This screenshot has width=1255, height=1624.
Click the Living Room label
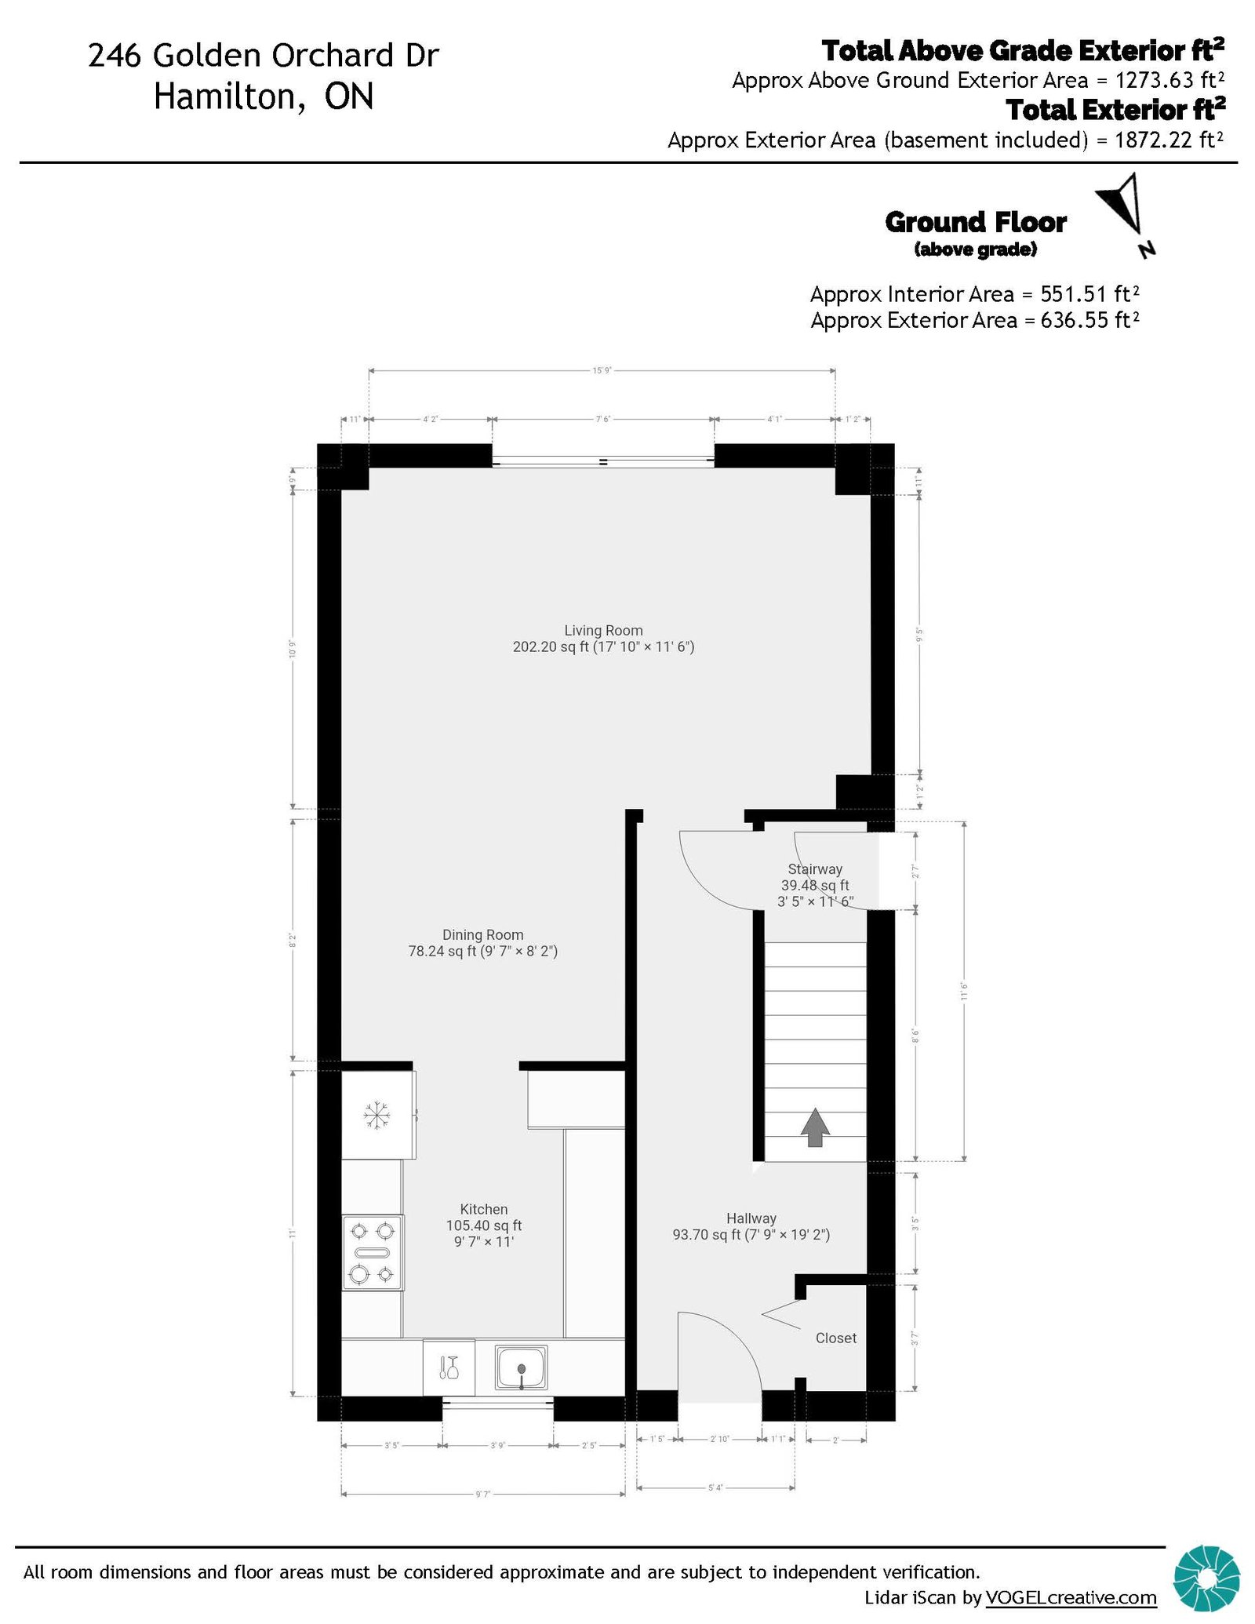click(x=603, y=630)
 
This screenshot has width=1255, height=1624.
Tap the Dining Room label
click(x=482, y=934)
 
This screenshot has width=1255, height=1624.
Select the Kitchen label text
click(x=483, y=1209)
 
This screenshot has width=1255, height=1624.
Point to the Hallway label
click(x=751, y=1218)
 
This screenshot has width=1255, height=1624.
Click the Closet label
click(x=835, y=1338)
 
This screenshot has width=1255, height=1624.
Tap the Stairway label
click(x=815, y=869)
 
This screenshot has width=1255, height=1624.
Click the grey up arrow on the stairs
click(x=815, y=1127)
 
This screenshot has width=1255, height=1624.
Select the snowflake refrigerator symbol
click(x=376, y=1115)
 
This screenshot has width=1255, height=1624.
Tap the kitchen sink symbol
click(x=521, y=1367)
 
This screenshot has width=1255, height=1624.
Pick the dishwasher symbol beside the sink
click(x=449, y=1367)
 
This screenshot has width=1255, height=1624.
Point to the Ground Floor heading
click(x=975, y=223)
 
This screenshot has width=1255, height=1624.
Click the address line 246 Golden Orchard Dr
click(x=264, y=56)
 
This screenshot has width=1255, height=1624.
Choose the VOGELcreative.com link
click(x=1071, y=1597)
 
